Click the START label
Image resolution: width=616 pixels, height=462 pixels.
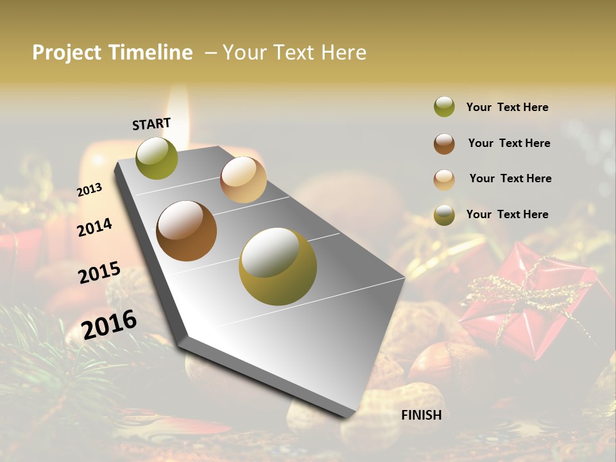[x=151, y=124]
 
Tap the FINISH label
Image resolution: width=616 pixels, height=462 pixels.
[x=421, y=415]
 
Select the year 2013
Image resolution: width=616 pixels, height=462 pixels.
[x=90, y=190]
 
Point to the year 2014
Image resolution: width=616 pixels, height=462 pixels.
[x=95, y=227]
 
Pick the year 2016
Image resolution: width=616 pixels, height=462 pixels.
[x=109, y=325]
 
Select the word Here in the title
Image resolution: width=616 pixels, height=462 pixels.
[x=343, y=53]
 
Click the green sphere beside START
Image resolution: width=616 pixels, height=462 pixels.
[x=157, y=158]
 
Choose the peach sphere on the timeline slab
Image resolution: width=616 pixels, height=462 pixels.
[x=243, y=180]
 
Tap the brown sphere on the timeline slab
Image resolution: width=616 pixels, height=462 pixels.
[x=186, y=231]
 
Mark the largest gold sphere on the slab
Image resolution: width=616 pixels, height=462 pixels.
[x=278, y=266]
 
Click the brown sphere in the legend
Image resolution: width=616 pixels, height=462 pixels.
[x=444, y=144]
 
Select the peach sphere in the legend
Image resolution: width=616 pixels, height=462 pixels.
[x=444, y=179]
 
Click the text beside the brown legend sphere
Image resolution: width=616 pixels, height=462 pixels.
[x=509, y=143]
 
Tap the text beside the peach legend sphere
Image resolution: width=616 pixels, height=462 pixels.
[x=510, y=178]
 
